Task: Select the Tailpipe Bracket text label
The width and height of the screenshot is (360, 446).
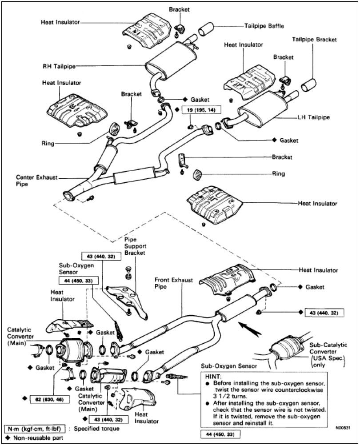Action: click(x=314, y=40)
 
